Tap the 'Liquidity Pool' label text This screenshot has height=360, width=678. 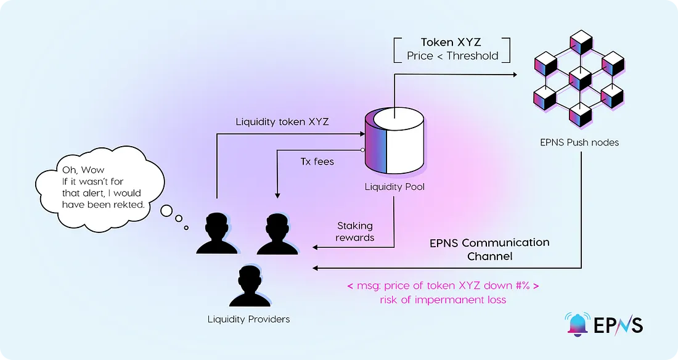point(394,187)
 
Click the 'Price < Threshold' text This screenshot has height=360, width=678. point(452,56)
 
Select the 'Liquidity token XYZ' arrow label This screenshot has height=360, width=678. point(282,122)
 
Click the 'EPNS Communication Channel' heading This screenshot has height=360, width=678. point(489,248)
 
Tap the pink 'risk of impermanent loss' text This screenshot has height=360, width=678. point(444,300)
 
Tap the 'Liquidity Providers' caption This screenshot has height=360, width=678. point(248,319)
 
